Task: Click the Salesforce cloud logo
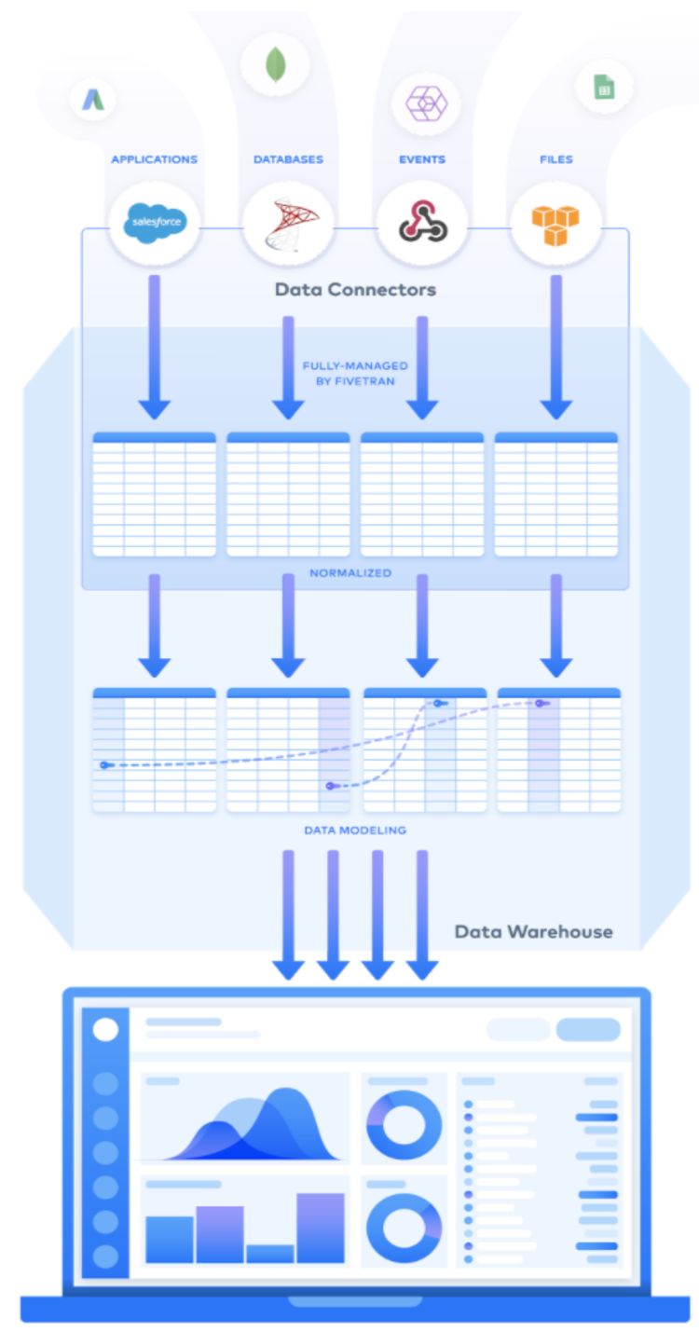[155, 223]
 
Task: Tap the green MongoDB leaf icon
[275, 64]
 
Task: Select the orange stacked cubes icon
[555, 226]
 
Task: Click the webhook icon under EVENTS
[422, 221]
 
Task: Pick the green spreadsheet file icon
[604, 88]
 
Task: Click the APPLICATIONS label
[155, 159]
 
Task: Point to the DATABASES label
[288, 159]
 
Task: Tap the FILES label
[556, 159]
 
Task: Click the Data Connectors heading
[355, 290]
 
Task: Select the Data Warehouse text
[534, 932]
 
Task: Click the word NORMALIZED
[350, 572]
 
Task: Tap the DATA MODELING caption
[355, 831]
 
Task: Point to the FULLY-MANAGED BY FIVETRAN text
[355, 374]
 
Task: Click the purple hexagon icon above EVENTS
[426, 103]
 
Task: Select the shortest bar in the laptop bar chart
[270, 1254]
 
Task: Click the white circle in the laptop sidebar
[106, 1029]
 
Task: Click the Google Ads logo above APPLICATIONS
[93, 100]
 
